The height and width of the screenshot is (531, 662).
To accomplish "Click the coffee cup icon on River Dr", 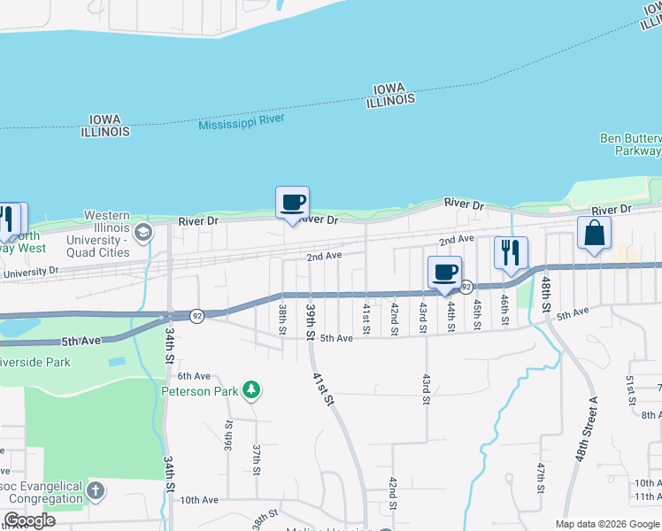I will pyautogui.click(x=292, y=203).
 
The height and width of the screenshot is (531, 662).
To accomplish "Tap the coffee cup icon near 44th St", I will pyautogui.click(x=444, y=272).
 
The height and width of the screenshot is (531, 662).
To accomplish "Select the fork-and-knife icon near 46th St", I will pyautogui.click(x=511, y=252).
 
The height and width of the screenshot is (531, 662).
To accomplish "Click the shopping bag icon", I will pyautogui.click(x=594, y=233).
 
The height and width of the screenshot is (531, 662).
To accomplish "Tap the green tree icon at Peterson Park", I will pyautogui.click(x=251, y=389).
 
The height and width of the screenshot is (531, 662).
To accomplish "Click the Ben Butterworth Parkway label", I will pyautogui.click(x=630, y=145).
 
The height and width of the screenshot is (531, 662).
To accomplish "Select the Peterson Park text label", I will pyautogui.click(x=200, y=390).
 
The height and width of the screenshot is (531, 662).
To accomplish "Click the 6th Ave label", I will pyautogui.click(x=194, y=376).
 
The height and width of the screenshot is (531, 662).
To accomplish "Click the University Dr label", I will pyautogui.click(x=31, y=273).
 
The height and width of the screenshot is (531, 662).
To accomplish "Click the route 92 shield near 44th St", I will pyautogui.click(x=466, y=287).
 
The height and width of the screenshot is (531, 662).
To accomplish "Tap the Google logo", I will pyautogui.click(x=29, y=520).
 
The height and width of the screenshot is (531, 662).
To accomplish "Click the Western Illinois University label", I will pyautogui.click(x=107, y=234).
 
